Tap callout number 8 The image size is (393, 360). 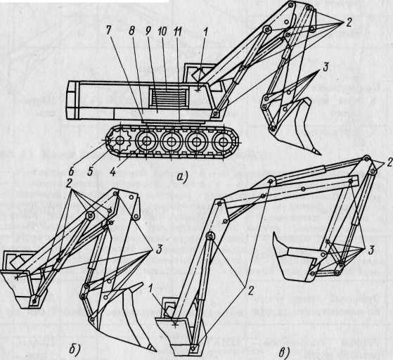pyautogui.click(x=132, y=30)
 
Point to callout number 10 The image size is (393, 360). pyautogui.click(x=162, y=32)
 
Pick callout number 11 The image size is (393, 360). pyautogui.click(x=178, y=32)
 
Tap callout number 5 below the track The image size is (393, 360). pyautogui.click(x=90, y=172)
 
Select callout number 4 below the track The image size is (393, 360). pyautogui.click(x=113, y=172)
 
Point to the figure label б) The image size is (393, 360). pyautogui.click(x=75, y=349)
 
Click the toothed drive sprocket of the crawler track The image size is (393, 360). pyautogui.click(x=120, y=141)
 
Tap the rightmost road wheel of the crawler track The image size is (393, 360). pyautogui.click(x=221, y=142)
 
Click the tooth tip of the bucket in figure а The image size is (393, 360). pyautogui.click(x=318, y=153)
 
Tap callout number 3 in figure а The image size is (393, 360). pyautogui.click(x=325, y=67)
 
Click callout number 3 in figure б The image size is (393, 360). pyautogui.click(x=158, y=250)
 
